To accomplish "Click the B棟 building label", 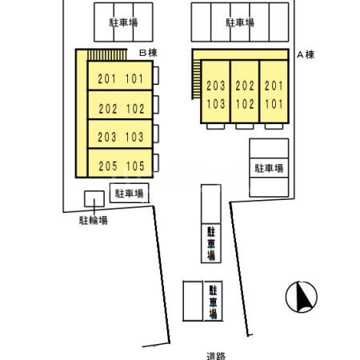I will (x=146, y=54).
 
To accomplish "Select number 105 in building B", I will (x=135, y=166).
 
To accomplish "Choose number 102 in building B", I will (x=135, y=108).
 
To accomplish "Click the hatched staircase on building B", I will (x=106, y=55).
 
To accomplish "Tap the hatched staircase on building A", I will (x=196, y=81).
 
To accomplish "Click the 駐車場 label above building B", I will (x=123, y=22).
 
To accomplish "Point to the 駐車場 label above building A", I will (x=240, y=23).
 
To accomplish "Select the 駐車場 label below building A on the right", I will (x=269, y=168).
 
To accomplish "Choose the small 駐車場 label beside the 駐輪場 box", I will (x=129, y=193).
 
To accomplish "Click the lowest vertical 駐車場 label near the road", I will (x=213, y=301).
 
